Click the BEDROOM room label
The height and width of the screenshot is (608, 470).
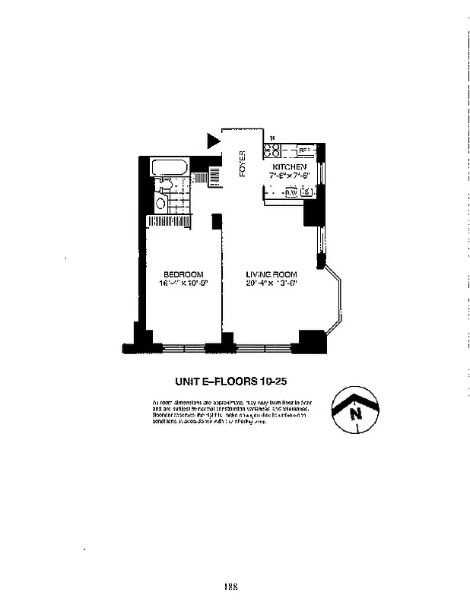[183, 274]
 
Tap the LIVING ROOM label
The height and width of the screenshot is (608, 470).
[271, 274]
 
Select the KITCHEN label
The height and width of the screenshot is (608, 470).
[290, 166]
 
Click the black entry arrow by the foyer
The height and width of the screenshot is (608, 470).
[213, 140]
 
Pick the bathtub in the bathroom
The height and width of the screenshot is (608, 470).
[171, 167]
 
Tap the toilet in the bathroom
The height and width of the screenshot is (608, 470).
[161, 203]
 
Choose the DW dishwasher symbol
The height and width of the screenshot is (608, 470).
[290, 193]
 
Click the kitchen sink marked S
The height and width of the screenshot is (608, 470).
[306, 193]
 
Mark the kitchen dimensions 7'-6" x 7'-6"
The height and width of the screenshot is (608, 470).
[290, 176]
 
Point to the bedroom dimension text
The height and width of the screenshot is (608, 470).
[183, 283]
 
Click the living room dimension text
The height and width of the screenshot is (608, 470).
[271, 283]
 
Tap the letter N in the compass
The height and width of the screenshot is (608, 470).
[354, 414]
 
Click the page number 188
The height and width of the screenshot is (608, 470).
[232, 585]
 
